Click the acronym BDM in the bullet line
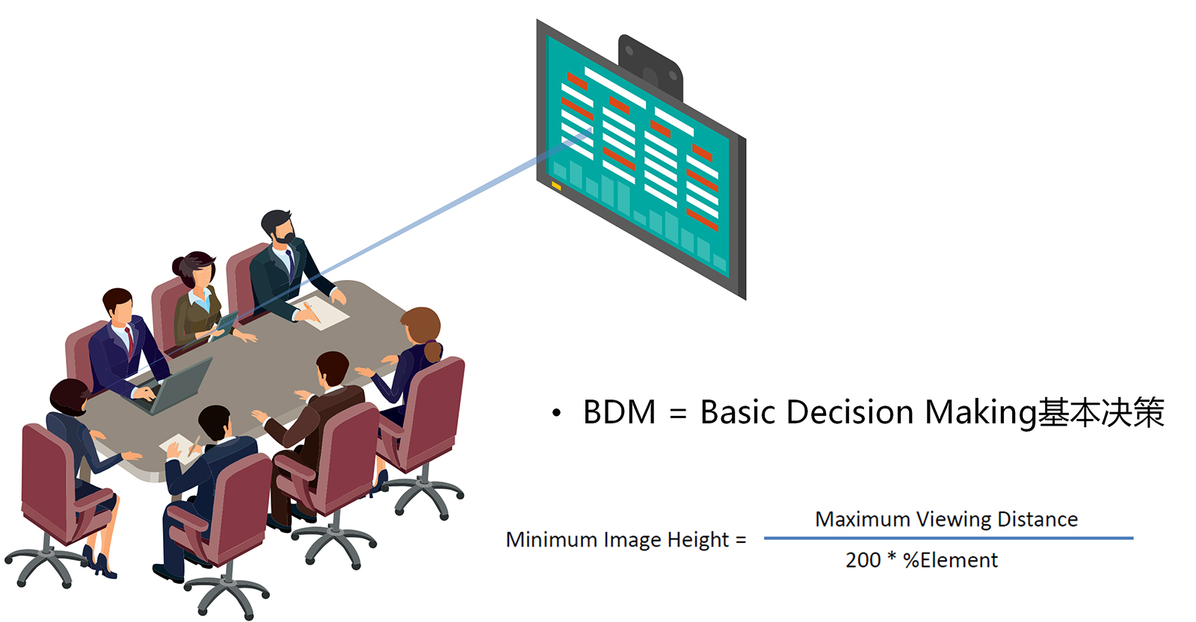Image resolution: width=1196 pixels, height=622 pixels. [619, 412]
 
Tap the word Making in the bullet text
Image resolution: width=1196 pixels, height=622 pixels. [981, 413]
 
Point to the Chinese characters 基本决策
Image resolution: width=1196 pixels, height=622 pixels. [1102, 413]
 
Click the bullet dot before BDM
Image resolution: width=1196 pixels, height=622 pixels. [556, 413]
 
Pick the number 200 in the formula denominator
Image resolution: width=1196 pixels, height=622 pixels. [863, 560]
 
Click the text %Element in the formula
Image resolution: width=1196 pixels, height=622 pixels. [950, 560]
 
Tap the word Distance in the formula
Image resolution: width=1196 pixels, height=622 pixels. [1038, 520]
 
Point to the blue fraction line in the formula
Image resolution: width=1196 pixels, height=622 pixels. [948, 538]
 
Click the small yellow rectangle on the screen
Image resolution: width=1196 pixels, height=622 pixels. [556, 185]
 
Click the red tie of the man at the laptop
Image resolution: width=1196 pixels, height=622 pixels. [130, 340]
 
